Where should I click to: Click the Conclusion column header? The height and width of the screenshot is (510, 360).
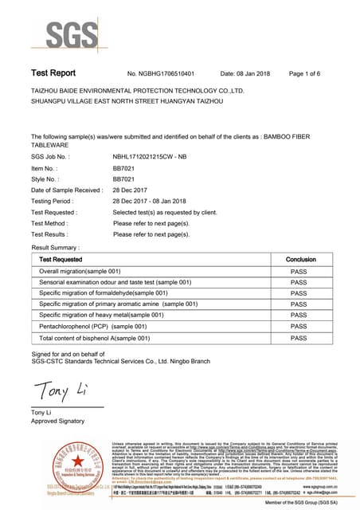(300, 260)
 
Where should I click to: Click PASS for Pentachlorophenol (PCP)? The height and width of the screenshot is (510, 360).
(299, 327)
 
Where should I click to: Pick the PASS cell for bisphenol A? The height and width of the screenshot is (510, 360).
(299, 338)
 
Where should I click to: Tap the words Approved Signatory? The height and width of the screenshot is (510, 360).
(57, 420)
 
